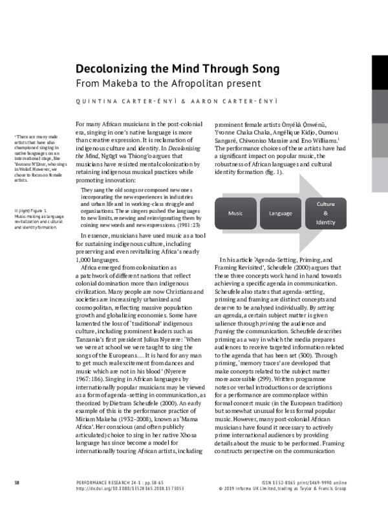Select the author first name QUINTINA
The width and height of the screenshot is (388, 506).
97,102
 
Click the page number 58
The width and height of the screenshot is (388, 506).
17,483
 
